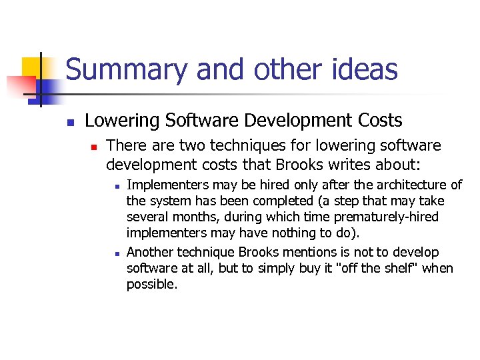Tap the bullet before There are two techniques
[95, 147]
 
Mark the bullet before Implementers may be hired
[116, 187]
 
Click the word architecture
[413, 185]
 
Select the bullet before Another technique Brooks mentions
[116, 254]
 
